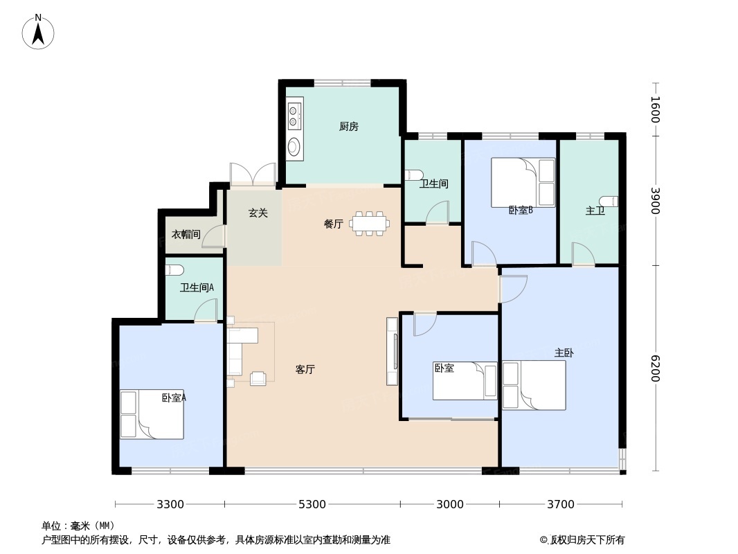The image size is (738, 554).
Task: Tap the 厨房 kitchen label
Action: tap(349, 126)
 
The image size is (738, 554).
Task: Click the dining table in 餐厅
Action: tap(370, 223)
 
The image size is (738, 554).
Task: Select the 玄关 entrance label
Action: tap(258, 213)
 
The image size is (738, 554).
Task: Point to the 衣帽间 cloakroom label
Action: tap(186, 234)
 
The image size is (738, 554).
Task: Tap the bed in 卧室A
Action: tap(152, 414)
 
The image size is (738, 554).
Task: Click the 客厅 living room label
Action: tap(305, 370)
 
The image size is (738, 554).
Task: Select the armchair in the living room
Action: tap(258, 378)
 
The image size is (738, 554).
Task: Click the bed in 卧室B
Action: tap(523, 182)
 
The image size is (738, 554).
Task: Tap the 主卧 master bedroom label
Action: tap(564, 352)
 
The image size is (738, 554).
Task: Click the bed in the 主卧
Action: tap(534, 385)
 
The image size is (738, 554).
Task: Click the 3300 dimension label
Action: tap(170, 504)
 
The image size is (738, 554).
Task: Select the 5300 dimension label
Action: tap(312, 504)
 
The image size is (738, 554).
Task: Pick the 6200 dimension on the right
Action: tap(655, 368)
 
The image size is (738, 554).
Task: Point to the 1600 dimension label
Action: tap(655, 109)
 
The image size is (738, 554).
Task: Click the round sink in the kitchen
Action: tap(294, 146)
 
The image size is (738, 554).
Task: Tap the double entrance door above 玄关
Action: tap(253, 174)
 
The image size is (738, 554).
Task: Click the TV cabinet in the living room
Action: tap(392, 351)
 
